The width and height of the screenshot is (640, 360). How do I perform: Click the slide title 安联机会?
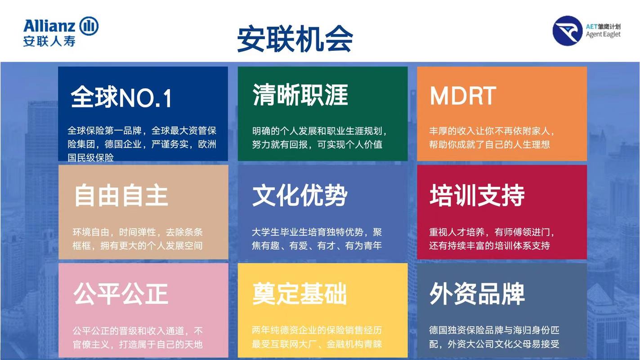[x=295, y=39]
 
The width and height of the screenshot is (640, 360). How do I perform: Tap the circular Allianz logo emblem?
[x=89, y=26]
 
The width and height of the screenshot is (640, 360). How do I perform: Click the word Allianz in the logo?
[x=49, y=26]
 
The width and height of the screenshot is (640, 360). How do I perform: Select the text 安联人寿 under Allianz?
[x=49, y=41]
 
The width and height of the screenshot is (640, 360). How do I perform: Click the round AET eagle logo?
[x=568, y=31]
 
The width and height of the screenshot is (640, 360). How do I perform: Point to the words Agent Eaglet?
[x=603, y=34]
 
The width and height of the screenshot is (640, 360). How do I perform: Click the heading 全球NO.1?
[x=121, y=97]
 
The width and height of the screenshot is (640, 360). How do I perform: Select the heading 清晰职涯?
[x=300, y=95]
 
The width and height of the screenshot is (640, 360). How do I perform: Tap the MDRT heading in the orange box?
[x=463, y=96]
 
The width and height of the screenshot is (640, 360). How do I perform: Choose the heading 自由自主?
[x=121, y=196]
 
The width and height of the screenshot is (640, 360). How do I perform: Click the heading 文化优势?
[x=300, y=196]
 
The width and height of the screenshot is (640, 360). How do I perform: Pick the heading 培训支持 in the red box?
[x=477, y=196]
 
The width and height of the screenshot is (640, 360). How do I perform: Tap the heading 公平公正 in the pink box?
[x=121, y=294]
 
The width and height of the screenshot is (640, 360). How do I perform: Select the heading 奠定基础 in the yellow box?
[x=300, y=294]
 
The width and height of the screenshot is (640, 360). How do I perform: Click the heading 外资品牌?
[x=477, y=294]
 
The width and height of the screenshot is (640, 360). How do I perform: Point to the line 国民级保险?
[x=90, y=157]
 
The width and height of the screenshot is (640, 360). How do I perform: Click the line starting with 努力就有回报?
[x=317, y=144]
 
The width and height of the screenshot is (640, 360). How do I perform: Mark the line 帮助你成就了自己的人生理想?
[x=489, y=144]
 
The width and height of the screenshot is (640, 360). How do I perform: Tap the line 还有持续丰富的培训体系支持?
[x=489, y=246]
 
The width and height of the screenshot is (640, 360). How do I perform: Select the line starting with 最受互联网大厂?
[x=317, y=344]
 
